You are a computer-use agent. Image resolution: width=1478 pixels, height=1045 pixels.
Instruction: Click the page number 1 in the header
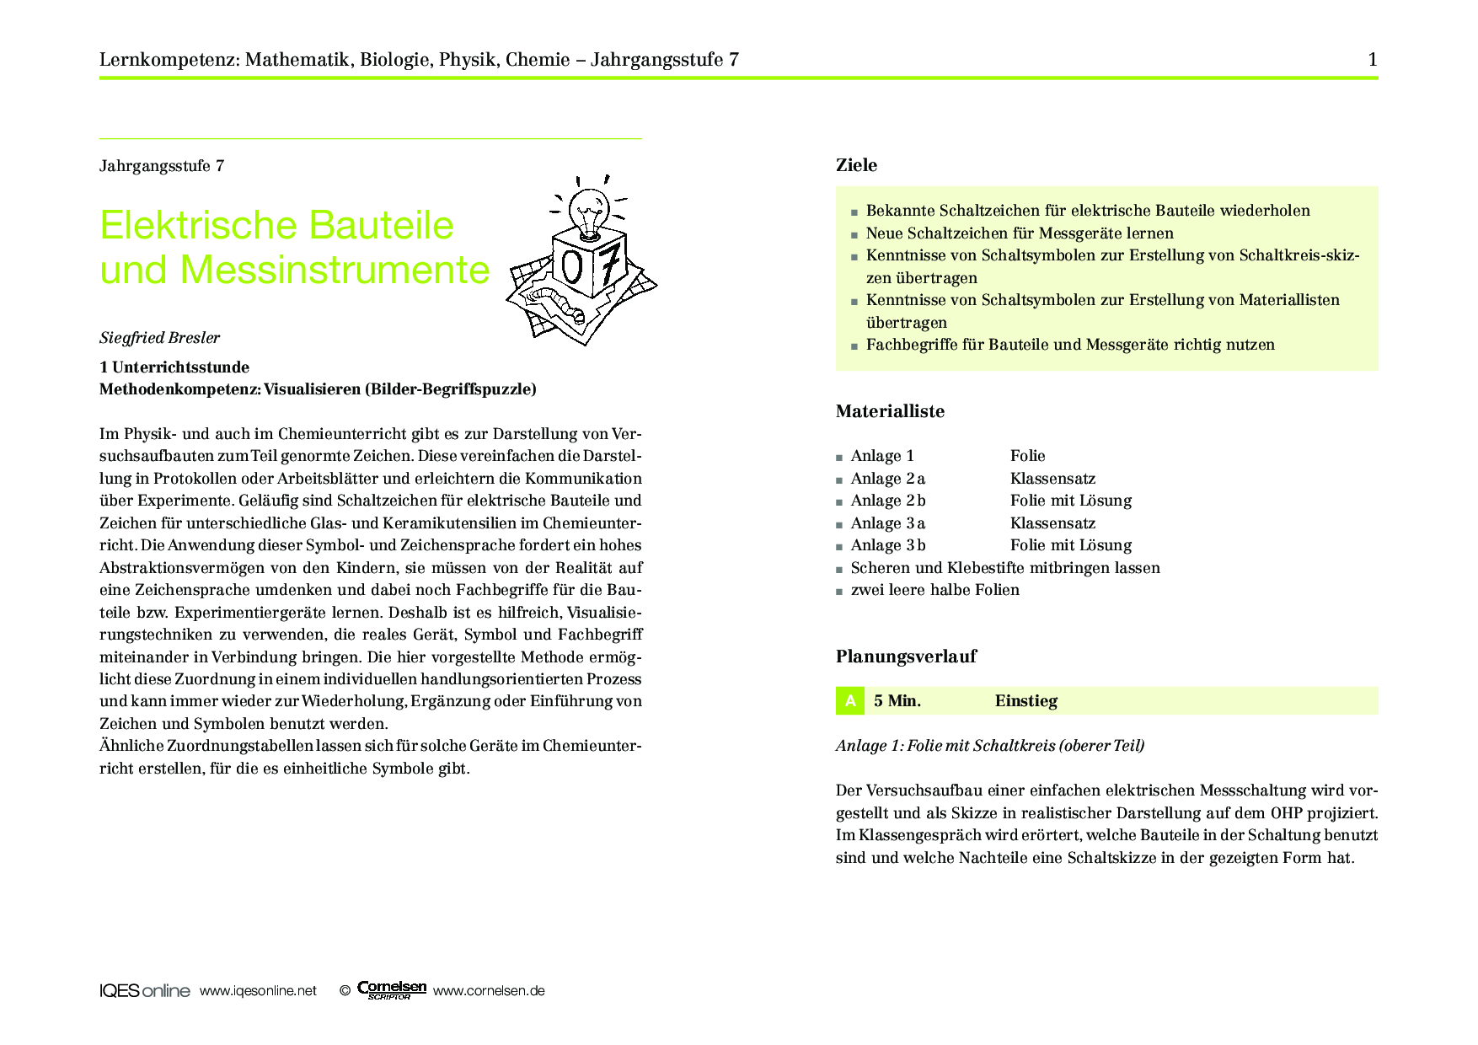(1373, 59)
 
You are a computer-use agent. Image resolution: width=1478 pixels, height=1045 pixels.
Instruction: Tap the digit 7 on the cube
(611, 264)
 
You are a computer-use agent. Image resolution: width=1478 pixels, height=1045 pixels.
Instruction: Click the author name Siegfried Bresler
(159, 338)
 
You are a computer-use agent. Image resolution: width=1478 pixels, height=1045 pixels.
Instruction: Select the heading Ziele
(856, 165)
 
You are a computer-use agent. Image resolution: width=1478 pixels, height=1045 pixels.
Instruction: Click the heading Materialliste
(890, 411)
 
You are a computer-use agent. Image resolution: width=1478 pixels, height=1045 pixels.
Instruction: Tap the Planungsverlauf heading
(906, 656)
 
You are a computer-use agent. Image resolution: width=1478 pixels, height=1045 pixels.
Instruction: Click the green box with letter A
(850, 700)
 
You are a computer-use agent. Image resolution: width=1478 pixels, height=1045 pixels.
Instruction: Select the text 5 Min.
(897, 700)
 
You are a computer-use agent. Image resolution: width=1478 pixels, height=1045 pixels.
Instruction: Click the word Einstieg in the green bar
(1025, 700)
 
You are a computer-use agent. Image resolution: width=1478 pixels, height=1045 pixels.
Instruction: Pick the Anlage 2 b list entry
(888, 501)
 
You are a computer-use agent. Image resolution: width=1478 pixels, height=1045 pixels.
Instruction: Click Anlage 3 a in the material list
(888, 523)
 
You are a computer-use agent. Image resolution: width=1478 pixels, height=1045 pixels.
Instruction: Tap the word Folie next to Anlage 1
(1027, 456)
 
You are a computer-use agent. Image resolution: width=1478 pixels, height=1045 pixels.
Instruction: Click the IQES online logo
(144, 991)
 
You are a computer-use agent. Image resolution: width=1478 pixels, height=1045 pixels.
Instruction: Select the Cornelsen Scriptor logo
(391, 990)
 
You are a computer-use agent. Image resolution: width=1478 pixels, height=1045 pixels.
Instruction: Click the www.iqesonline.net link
(258, 991)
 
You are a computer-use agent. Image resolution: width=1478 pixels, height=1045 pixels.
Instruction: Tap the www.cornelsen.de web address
(489, 991)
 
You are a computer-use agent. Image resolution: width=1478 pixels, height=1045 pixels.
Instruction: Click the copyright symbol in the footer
(345, 991)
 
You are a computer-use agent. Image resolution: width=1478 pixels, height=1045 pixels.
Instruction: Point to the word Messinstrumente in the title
(335, 270)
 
